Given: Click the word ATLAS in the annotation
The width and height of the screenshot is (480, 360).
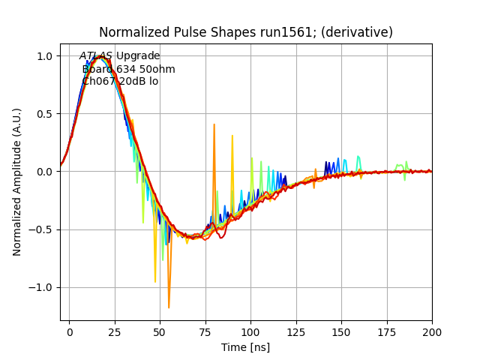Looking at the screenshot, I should click(96, 56).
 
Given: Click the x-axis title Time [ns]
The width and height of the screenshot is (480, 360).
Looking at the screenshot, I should click(245, 347).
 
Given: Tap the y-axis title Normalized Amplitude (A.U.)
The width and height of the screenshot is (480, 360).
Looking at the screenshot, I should click(17, 181).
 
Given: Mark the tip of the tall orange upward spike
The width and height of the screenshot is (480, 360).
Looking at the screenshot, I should click(214, 124).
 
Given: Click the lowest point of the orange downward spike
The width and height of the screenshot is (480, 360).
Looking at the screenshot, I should click(169, 307).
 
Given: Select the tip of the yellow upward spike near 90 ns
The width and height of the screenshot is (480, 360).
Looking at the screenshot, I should click(232, 136).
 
